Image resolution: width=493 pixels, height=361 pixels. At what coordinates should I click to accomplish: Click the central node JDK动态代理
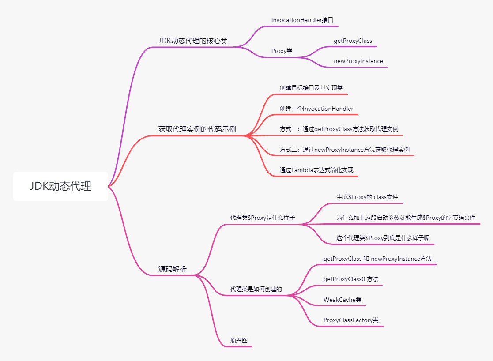pyautogui.click(x=60, y=186)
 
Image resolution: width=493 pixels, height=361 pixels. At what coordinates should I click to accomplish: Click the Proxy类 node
pyautogui.click(x=282, y=51)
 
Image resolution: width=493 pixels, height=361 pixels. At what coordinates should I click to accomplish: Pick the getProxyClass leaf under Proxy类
pyautogui.click(x=353, y=41)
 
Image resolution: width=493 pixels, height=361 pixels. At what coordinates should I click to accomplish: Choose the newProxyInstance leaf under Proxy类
pyautogui.click(x=358, y=61)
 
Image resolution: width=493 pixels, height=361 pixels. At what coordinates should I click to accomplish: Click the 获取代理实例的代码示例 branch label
pyautogui.click(x=197, y=129)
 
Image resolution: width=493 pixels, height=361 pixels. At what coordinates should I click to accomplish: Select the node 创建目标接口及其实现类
pyautogui.click(x=311, y=88)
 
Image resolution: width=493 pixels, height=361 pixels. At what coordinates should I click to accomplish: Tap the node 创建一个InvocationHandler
pyautogui.click(x=316, y=109)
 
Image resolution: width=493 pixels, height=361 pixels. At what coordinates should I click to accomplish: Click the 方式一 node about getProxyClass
pyautogui.click(x=339, y=129)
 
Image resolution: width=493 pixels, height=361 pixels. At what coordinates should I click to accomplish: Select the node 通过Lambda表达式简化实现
pyautogui.click(x=316, y=170)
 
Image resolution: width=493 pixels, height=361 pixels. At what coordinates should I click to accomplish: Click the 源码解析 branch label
pyautogui.click(x=173, y=269)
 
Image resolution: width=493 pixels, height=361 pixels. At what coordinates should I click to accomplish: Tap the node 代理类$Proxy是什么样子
pyautogui.click(x=262, y=218)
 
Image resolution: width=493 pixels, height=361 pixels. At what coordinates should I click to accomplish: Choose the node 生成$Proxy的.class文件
pyautogui.click(x=367, y=197)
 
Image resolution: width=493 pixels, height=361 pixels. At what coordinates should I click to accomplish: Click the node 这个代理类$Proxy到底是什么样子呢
pyautogui.click(x=383, y=238)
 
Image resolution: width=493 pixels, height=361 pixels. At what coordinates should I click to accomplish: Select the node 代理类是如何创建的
pyautogui.click(x=256, y=290)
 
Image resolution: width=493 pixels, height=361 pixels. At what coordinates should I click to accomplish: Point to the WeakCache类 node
pyautogui.click(x=342, y=300)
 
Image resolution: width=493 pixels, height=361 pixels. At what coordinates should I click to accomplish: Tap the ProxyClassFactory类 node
pyautogui.click(x=350, y=320)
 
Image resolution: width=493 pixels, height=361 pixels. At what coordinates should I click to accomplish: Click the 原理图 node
pyautogui.click(x=239, y=341)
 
